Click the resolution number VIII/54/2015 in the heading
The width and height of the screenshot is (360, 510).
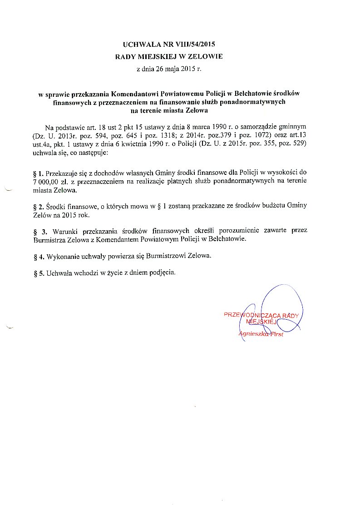pyautogui.click(x=194, y=45)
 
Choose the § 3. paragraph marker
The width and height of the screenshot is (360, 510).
pyautogui.click(x=41, y=231)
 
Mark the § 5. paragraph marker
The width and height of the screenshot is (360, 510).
pyautogui.click(x=39, y=273)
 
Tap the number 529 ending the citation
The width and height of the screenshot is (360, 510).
pyautogui.click(x=300, y=144)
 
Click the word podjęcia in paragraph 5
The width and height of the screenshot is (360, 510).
pyautogui.click(x=163, y=273)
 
